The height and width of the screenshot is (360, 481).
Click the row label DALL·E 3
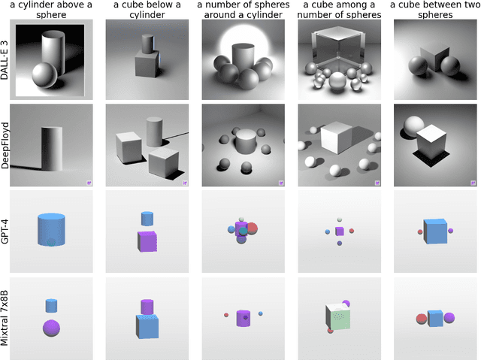(x=5, y=60)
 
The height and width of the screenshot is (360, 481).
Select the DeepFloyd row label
(x=5, y=145)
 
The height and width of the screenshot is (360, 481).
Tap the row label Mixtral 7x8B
(x=5, y=318)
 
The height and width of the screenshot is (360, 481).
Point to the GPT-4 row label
(x=5, y=231)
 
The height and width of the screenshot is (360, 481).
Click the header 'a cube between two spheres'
(x=435, y=10)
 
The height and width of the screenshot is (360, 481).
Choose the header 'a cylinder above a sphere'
(x=51, y=10)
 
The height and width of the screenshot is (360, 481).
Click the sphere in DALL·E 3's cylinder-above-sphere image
(x=44, y=75)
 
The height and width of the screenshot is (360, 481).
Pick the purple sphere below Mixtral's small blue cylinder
(x=51, y=328)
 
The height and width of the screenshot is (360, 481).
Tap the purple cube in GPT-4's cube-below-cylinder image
(x=147, y=241)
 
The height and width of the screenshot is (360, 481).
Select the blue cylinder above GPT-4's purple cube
(x=147, y=219)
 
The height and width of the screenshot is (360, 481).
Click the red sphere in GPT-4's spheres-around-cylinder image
(x=253, y=228)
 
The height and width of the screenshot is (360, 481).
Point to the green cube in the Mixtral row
(x=338, y=316)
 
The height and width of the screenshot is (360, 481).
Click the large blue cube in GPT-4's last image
(x=435, y=231)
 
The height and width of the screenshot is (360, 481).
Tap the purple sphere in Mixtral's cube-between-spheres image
(x=449, y=318)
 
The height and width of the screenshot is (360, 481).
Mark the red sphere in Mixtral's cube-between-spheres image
(x=422, y=319)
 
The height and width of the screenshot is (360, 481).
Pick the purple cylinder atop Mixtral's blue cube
(x=147, y=307)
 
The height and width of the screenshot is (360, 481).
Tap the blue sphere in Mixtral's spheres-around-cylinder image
(x=261, y=313)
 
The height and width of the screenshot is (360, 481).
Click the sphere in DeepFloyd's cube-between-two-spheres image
(x=413, y=126)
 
